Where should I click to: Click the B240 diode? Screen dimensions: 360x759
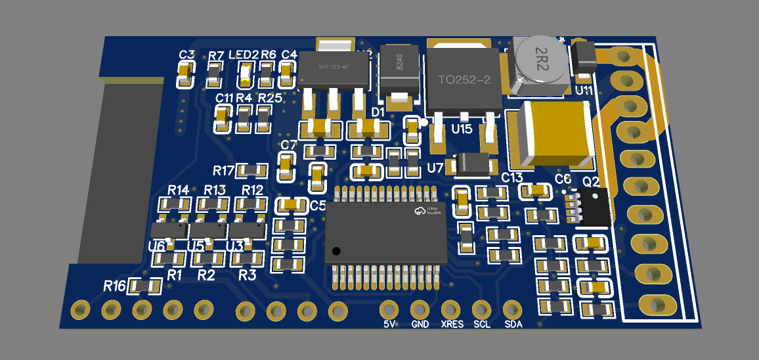click(x=398, y=68)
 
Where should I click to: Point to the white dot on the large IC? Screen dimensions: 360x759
click(x=337, y=251)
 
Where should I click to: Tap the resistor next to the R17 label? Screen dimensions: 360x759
click(x=252, y=171)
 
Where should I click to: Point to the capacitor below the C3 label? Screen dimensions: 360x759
click(x=186, y=74)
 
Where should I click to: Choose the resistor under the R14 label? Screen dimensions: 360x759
click(x=176, y=204)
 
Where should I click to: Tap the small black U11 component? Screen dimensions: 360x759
click(x=582, y=57)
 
